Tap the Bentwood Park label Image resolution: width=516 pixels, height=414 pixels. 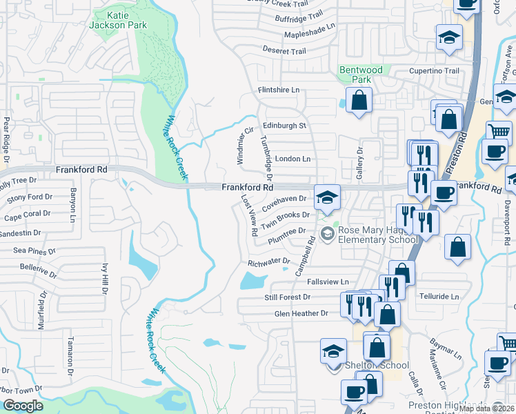point(357,75)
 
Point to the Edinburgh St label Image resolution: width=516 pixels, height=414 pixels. point(284,126)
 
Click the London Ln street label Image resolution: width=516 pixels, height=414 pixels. point(292,159)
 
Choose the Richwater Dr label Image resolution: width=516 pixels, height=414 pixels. point(268,262)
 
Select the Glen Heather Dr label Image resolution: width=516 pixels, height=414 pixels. point(301,313)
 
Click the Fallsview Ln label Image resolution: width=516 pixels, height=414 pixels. point(328,282)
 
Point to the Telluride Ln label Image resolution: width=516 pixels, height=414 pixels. point(439,297)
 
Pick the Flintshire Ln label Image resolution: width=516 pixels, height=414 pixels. point(279,90)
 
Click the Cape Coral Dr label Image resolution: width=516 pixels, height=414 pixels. point(28,215)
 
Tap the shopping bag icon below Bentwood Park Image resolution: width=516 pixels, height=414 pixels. point(359,101)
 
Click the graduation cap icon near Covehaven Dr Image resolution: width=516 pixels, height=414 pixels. point(327,198)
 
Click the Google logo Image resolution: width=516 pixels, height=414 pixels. point(23,406)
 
